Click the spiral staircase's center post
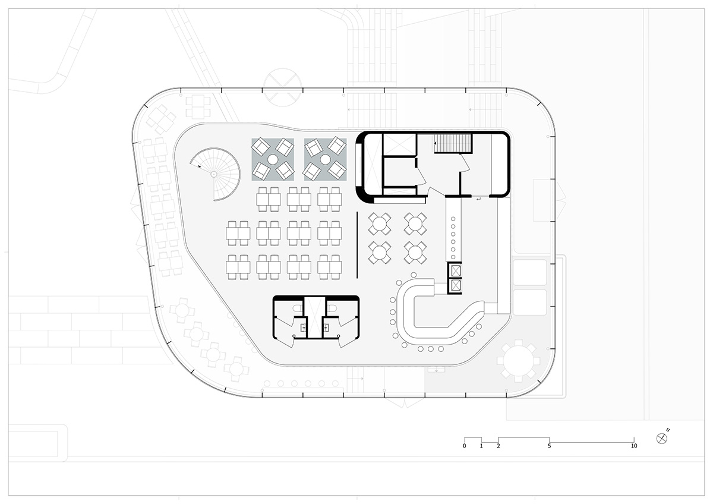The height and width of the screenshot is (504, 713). [x=214, y=174]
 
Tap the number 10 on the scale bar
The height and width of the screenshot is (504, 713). [x=634, y=446]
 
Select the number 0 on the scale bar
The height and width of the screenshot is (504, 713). [x=465, y=446]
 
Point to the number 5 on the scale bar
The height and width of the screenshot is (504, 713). [x=549, y=446]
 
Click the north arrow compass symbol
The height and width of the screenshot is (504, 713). [x=662, y=439]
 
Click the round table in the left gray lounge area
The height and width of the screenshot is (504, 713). [x=273, y=159]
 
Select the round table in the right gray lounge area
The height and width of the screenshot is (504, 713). [x=325, y=159]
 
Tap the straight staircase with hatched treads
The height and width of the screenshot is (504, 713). [x=453, y=143]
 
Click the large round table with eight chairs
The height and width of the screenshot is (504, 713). [x=519, y=361]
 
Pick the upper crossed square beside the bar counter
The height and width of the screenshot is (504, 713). [x=456, y=270]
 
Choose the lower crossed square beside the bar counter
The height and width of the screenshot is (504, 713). [x=456, y=285]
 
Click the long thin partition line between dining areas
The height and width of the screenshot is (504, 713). [x=357, y=245]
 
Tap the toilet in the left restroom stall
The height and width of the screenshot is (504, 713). [x=296, y=308]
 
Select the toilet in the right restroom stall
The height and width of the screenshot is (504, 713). [x=333, y=308]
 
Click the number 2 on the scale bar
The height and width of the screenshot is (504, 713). [x=498, y=446]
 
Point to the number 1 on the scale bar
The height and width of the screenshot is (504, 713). [x=481, y=446]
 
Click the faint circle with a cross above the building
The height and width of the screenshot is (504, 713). [x=282, y=87]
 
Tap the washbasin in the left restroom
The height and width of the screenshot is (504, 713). [x=303, y=327]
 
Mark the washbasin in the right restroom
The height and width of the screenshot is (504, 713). [x=326, y=327]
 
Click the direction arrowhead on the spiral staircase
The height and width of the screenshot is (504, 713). [x=200, y=166]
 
